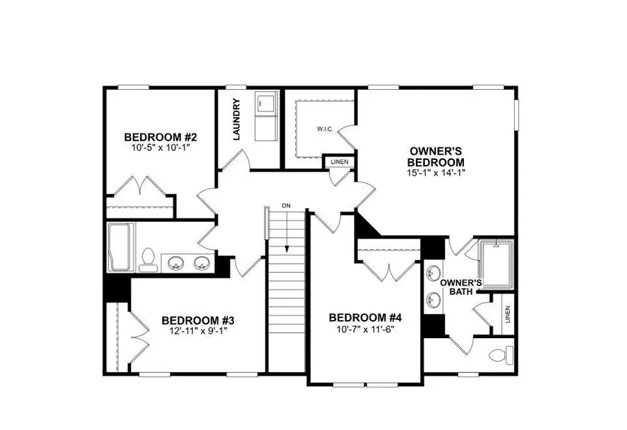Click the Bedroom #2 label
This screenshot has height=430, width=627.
(x=153, y=137)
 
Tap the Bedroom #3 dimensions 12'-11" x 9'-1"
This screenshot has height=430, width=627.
(x=198, y=331)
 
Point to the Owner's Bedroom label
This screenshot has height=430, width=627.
(x=437, y=156)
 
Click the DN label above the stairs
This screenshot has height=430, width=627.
(x=286, y=207)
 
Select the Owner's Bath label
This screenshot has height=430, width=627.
(x=461, y=287)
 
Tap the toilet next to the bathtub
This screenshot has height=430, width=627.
(x=146, y=260)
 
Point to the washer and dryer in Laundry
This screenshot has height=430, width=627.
(x=266, y=117)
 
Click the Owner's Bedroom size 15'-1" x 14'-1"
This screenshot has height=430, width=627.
(x=437, y=173)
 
